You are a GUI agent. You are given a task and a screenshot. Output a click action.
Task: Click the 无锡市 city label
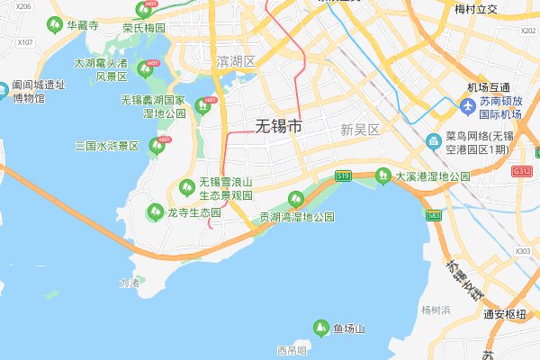click(279, 126)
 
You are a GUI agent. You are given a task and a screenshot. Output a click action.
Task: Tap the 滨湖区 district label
click(237, 61)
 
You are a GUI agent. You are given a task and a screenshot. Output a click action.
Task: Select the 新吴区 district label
click(361, 130)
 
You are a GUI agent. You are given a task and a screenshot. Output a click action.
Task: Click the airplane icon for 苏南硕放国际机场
click(467, 107)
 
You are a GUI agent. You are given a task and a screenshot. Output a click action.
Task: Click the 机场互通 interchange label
click(489, 87)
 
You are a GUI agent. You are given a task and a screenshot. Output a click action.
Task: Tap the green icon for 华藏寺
click(56, 23)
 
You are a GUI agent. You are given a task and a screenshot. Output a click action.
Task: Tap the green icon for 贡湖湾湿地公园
click(292, 200)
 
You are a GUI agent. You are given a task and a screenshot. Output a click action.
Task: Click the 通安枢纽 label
click(504, 314)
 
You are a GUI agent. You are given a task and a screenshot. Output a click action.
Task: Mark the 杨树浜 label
click(436, 310)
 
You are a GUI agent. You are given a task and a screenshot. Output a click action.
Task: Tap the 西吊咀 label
click(292, 350)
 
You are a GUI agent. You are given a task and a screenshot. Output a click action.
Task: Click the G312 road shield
click(521, 170)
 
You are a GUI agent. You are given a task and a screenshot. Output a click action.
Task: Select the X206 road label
click(23, 6)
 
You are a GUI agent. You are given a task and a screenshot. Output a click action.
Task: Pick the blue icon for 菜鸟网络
click(433, 141)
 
